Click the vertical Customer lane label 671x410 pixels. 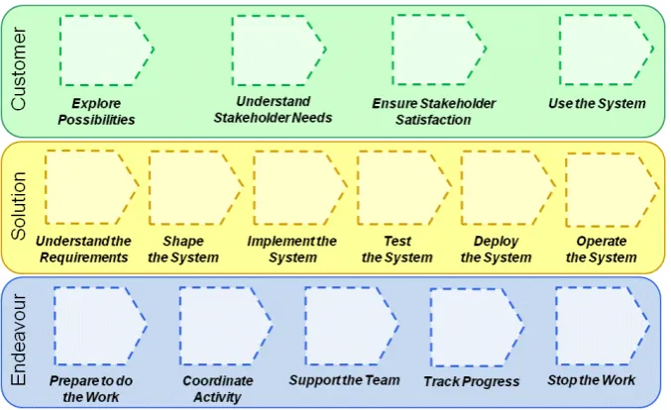[19, 69]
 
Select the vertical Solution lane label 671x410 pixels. [19, 206]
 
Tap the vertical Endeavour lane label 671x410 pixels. [19, 340]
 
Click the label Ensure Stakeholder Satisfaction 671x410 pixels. [433, 112]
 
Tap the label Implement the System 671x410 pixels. [292, 250]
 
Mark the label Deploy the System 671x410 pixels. [496, 250]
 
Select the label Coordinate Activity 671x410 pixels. [218, 388]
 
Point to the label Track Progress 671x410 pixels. [472, 381]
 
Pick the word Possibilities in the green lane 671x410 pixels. [96, 120]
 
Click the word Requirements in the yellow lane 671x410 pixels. [84, 257]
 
